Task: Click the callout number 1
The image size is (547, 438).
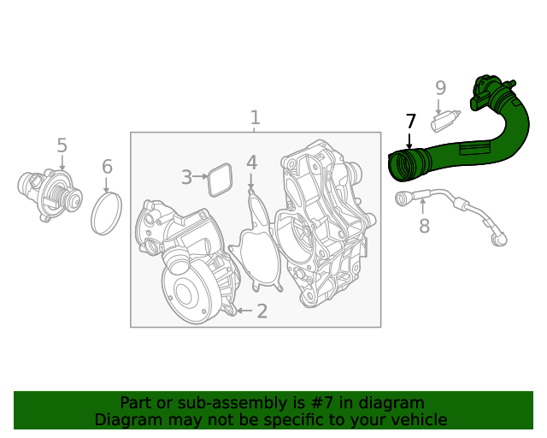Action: (x=255, y=118)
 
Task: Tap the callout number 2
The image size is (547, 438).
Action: (x=262, y=311)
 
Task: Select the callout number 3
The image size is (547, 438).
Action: (x=186, y=177)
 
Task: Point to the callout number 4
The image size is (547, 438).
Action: (x=251, y=163)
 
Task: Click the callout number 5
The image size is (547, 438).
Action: (x=62, y=146)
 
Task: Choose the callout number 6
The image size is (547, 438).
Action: (x=107, y=166)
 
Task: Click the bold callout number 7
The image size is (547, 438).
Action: (x=410, y=121)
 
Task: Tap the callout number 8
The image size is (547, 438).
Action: (x=424, y=226)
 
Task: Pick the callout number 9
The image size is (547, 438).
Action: (x=440, y=87)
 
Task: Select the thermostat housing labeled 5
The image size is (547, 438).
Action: (x=50, y=193)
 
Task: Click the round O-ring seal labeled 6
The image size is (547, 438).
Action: (x=107, y=214)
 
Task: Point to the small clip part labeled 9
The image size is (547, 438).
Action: (x=444, y=121)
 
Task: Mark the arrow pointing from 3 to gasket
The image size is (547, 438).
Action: (x=202, y=177)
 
